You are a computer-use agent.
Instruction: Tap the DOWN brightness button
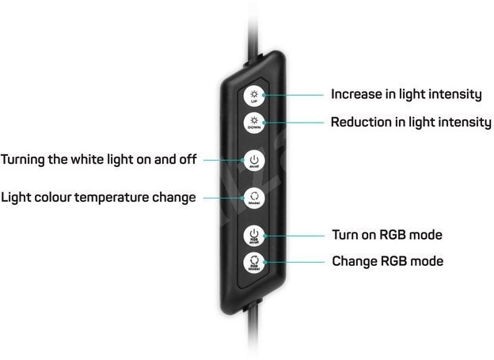pyautogui.click(x=254, y=123)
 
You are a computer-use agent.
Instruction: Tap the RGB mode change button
pyautogui.click(x=253, y=263)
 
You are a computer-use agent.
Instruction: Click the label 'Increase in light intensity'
pyautogui.click(x=406, y=94)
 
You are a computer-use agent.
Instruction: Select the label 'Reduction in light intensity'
pyautogui.click(x=410, y=123)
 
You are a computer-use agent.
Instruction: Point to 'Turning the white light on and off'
pyautogui.click(x=98, y=160)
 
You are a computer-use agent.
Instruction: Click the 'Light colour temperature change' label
pyautogui.click(x=98, y=197)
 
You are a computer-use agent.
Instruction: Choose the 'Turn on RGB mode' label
pyautogui.click(x=386, y=235)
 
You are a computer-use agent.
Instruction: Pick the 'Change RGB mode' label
pyautogui.click(x=387, y=260)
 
